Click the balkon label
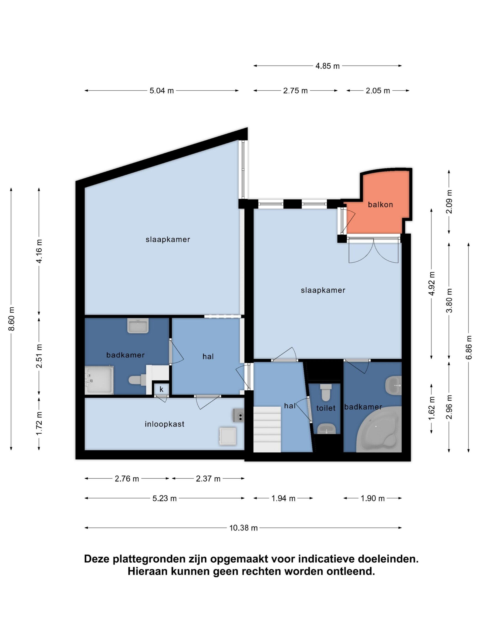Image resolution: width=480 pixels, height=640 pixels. click(380, 205)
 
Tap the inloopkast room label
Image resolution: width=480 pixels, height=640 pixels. click(164, 424)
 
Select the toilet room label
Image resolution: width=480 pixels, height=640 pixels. click(326, 408)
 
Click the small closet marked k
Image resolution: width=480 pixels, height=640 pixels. click(161, 389)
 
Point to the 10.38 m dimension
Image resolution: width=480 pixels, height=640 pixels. click(243, 528)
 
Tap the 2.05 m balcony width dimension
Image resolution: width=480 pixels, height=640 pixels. click(378, 91)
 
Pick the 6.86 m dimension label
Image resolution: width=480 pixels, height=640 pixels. click(469, 347)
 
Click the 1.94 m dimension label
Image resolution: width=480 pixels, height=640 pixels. click(283, 499)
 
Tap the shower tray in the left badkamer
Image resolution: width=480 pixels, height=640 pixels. click(99, 380)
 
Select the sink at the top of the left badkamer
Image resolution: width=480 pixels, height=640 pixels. click(138, 326)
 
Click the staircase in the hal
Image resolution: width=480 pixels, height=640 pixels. click(267, 429)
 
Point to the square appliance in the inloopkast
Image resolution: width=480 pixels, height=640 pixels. click(228, 437)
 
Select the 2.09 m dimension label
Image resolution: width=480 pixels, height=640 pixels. click(449, 202)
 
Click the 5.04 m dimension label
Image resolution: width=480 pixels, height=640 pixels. click(161, 91)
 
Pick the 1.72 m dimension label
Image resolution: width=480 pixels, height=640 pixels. click(39, 424)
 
